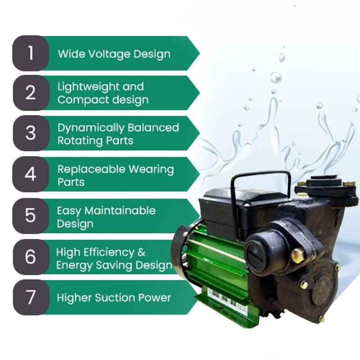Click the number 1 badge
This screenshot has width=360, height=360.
click(31, 53)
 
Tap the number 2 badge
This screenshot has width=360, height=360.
click(31, 93)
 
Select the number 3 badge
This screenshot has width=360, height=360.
click(31, 133)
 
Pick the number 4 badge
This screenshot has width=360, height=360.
click(31, 174)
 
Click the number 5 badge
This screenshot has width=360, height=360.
click(31, 216)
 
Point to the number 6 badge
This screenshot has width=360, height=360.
click(31, 256)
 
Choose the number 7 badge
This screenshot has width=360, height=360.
click(31, 297)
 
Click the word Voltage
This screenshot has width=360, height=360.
click(109, 54)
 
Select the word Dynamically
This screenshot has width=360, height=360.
click(90, 128)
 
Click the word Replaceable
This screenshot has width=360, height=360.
click(91, 170)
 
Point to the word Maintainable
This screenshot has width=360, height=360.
click(120, 211)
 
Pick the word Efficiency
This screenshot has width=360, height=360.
click(108, 252)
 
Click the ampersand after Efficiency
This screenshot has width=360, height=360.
click(141, 252)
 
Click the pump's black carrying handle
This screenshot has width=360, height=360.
click(260, 188)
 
